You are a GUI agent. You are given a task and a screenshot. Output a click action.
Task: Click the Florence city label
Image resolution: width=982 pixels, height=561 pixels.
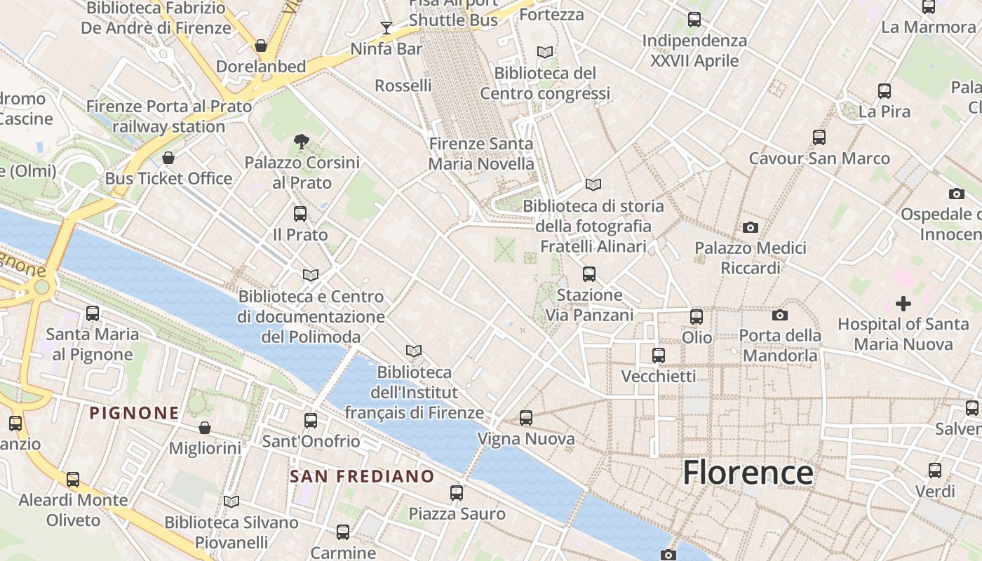pos(748,472)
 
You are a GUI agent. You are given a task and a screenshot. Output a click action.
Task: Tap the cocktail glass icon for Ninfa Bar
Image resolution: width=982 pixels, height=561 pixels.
pos(386,27)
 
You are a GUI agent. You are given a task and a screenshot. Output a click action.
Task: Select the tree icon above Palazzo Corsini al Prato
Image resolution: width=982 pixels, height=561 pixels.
pos(302,142)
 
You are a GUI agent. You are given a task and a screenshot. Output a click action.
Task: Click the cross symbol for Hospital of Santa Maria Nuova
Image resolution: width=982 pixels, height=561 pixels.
pos(903,304)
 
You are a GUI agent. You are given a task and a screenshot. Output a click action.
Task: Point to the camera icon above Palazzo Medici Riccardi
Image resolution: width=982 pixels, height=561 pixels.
pos(750,227)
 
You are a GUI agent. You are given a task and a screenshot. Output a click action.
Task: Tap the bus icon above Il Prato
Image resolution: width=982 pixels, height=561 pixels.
pos(300,213)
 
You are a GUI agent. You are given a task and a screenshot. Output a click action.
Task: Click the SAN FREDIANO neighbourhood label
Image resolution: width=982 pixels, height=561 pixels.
pos(362,476)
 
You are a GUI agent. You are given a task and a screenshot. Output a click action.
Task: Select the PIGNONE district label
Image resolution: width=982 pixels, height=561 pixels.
pos(134,412)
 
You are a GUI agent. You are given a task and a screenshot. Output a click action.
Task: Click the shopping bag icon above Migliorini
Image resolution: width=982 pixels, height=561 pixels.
pos(205,427)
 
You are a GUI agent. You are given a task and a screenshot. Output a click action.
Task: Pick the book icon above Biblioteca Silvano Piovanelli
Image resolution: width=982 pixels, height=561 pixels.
pos(231,501)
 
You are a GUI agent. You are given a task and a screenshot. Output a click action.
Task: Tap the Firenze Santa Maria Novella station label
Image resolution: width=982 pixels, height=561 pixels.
pos(481,154)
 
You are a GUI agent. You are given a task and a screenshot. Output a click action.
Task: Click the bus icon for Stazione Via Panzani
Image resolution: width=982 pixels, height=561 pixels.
pos(589,274)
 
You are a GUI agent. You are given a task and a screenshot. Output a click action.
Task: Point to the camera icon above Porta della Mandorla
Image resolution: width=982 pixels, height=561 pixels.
pos(779,316)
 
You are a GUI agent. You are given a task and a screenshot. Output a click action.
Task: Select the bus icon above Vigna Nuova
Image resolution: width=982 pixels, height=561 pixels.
pos(526,418)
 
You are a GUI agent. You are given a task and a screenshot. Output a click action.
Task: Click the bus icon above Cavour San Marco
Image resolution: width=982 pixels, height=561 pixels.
pos(819,137)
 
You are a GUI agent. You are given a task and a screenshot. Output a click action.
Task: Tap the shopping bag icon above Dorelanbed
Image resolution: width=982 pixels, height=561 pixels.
pos(261,46)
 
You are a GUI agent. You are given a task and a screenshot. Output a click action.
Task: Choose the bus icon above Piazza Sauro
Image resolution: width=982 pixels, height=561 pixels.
pos(457,493)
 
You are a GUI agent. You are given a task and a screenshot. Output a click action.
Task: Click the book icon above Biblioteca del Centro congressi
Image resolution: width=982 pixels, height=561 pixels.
pos(544,52)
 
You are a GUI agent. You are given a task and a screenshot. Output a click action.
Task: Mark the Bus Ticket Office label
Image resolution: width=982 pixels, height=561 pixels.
pos(168,178)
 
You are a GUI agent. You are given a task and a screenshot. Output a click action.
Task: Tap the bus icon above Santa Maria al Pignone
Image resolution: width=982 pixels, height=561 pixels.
pos(93,313)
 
